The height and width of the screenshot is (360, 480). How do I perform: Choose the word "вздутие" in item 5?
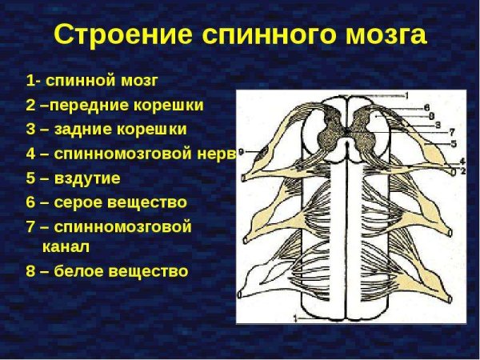(85, 178)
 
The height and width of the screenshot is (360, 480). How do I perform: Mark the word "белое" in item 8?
(77, 271)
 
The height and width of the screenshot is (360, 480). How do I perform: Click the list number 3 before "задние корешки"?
(31, 130)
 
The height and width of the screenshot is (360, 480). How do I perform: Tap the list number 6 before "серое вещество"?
(31, 202)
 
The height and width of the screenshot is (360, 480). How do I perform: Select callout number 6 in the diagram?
(428, 107)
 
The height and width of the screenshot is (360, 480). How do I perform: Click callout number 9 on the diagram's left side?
(241, 150)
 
